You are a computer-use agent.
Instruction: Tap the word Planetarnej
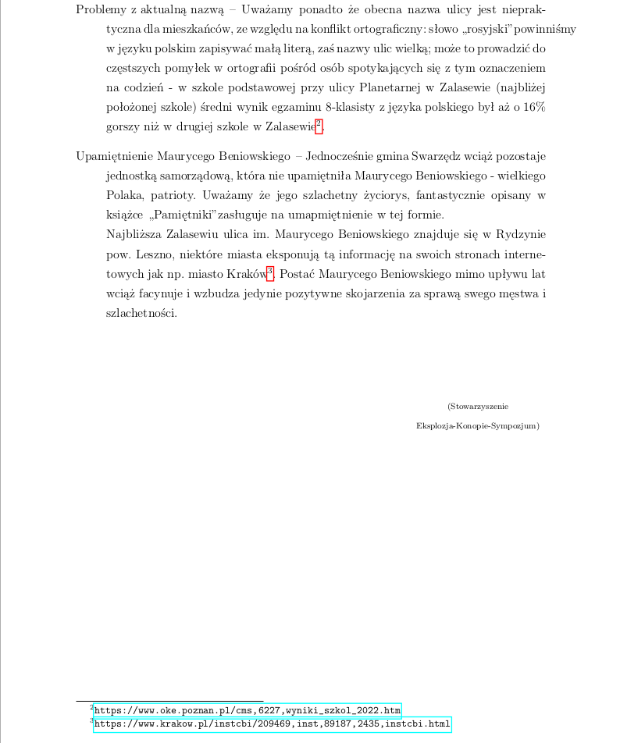coord(385,87)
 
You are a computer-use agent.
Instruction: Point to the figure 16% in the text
coord(534,106)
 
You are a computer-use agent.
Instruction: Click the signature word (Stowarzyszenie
coord(478,407)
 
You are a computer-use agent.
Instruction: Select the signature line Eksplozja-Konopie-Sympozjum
coord(478,426)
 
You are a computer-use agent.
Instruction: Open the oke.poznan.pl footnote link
coord(247,710)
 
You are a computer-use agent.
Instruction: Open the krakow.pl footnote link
coord(272,724)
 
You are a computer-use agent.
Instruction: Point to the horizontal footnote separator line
coord(169,701)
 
